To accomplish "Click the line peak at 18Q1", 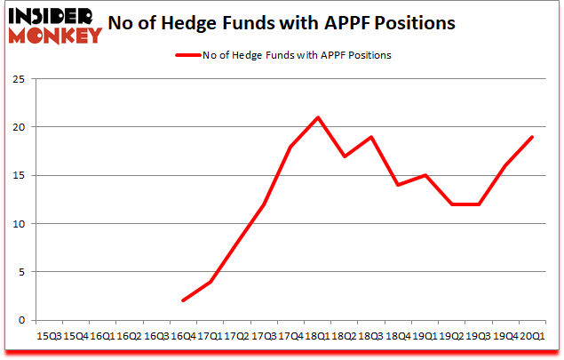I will point(317,117).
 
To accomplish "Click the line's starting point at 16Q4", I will point(182,300).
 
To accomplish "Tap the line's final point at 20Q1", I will point(532,137).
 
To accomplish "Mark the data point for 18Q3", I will point(370,137).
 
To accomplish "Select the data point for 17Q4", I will point(290,147).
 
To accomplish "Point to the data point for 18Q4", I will point(398,185).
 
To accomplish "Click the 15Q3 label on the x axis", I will point(48,336).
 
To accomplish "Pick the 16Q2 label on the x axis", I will point(129,336).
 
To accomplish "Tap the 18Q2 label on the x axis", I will point(344,336).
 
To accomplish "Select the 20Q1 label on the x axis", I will point(532,336).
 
